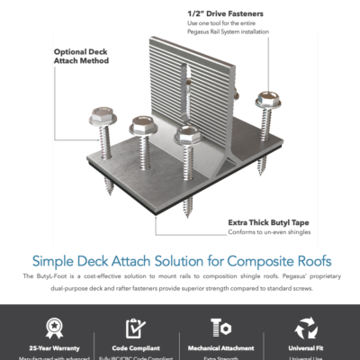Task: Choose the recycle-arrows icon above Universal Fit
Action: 306,327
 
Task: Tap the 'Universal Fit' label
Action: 306,346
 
